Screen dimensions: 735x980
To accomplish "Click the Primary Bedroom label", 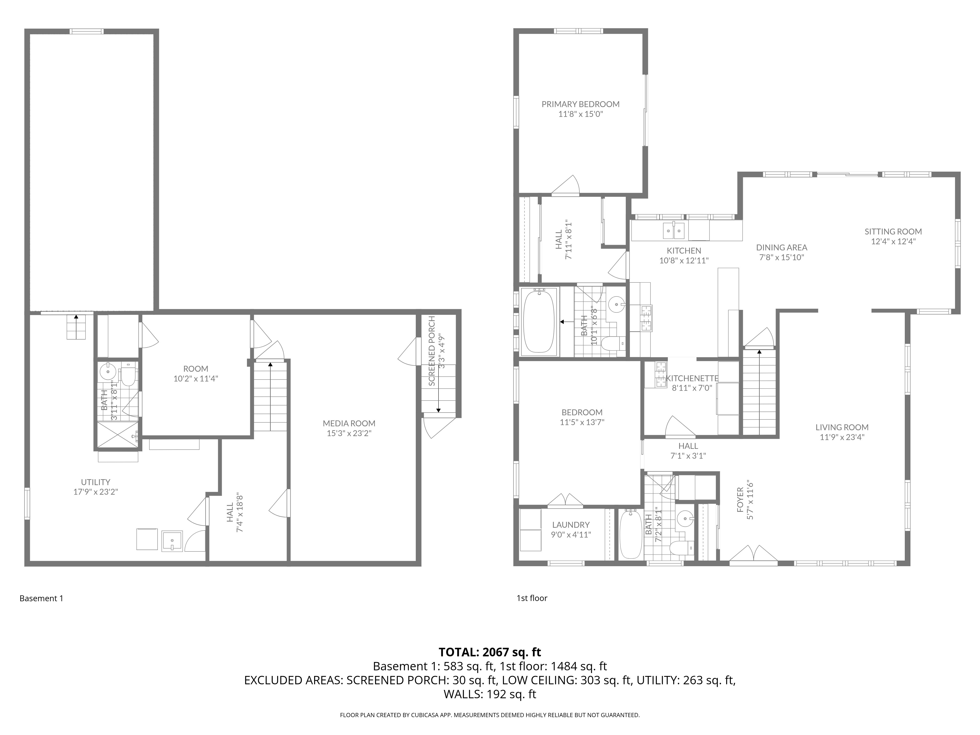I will [x=580, y=104].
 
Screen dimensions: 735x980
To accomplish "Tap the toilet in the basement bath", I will [x=128, y=377].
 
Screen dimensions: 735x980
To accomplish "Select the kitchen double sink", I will [x=674, y=230].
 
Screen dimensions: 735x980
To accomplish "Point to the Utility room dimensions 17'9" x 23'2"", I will [x=96, y=492].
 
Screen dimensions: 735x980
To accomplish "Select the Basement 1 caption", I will [x=41, y=599].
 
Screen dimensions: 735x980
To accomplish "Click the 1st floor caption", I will [x=532, y=598].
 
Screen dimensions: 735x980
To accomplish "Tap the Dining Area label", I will [x=782, y=247].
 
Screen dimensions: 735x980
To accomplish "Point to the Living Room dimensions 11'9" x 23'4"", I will [x=842, y=437].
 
